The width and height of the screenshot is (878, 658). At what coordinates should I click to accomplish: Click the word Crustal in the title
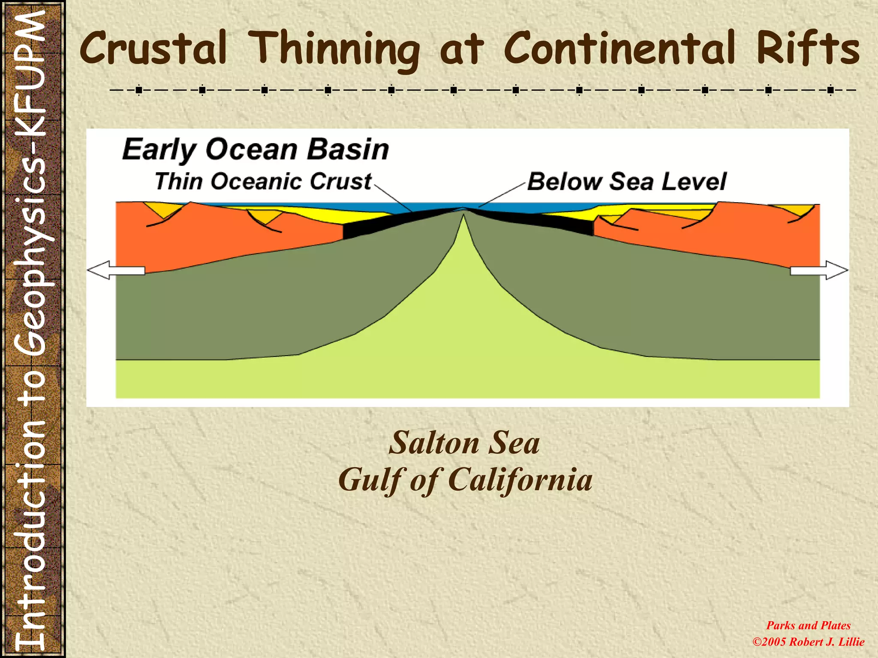[153, 48]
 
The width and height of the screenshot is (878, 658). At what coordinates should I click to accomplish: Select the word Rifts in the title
[808, 48]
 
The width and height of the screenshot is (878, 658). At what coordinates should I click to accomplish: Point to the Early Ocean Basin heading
[256, 150]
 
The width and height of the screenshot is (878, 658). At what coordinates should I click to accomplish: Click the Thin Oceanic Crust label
[263, 181]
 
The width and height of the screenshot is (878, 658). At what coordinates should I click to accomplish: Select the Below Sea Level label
[626, 181]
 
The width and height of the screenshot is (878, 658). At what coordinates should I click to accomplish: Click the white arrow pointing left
[116, 270]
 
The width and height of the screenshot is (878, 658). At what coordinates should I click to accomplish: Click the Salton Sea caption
[464, 443]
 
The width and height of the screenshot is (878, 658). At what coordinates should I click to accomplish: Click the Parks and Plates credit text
[808, 625]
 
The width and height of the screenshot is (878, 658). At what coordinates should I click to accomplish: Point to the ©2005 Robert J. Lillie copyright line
[808, 642]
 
